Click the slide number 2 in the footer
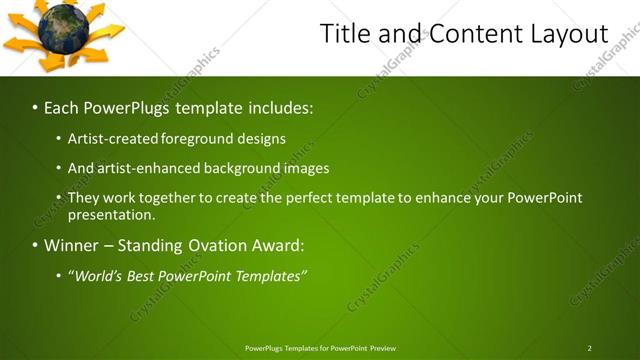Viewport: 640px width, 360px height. pyautogui.click(x=590, y=348)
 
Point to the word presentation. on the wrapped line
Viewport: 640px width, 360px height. pyautogui.click(x=111, y=214)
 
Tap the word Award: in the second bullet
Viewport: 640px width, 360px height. pyautogui.click(x=279, y=245)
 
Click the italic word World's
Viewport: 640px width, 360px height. pyautogui.click(x=99, y=275)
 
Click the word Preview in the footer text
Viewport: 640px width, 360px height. pyautogui.click(x=383, y=348)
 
